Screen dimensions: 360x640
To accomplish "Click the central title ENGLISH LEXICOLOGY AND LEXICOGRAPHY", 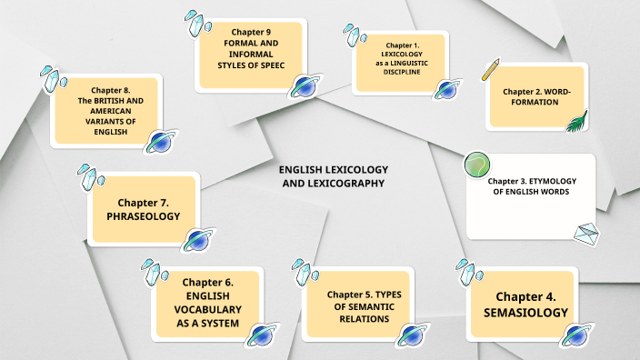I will [333, 176].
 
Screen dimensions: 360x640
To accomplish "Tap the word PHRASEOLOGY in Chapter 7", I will [144, 216].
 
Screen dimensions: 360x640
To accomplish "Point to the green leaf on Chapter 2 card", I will [575, 121].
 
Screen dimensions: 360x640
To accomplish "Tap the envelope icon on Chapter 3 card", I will [588, 234].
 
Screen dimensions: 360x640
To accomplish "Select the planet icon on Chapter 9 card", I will [304, 86].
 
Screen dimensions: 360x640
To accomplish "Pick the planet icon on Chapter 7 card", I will [198, 240].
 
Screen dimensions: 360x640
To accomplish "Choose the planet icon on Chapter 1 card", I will [445, 88].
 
